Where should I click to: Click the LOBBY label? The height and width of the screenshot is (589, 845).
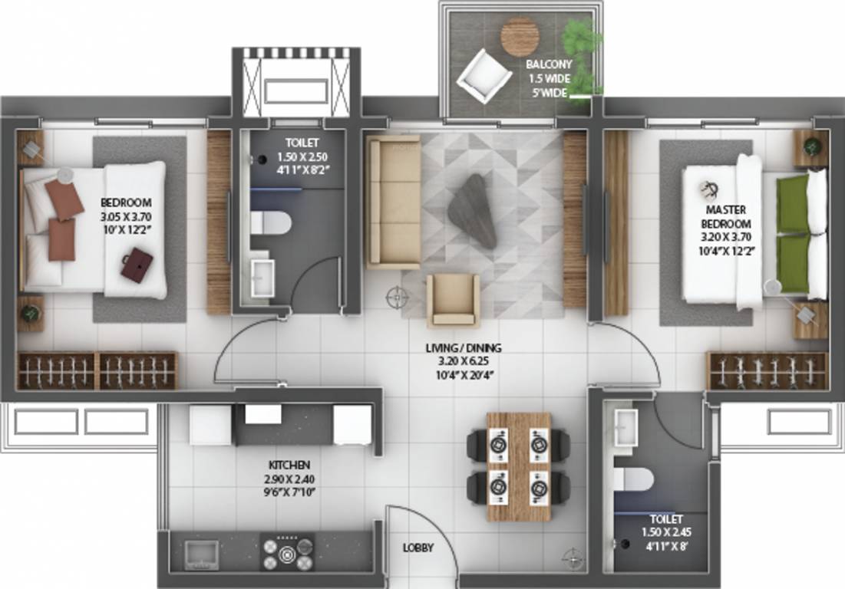418,548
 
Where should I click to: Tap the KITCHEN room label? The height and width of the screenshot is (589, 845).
289,466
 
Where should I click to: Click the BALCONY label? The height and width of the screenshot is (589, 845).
547,65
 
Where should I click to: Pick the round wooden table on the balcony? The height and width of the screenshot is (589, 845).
520,36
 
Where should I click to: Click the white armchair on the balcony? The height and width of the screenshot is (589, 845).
484,75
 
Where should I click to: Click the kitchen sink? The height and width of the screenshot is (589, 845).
202,552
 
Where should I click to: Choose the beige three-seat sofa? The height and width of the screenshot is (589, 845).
393,202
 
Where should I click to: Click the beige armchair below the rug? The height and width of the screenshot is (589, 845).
453,300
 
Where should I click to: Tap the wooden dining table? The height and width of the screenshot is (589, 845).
519,466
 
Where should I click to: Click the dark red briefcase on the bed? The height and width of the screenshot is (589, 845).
137,265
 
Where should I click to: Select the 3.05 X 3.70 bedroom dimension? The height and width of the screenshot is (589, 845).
126,216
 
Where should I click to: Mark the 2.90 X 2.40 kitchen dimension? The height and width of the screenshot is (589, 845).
289,479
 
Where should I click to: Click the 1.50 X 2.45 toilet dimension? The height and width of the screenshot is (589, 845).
664,532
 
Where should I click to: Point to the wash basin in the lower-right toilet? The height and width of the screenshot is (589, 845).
627,423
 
